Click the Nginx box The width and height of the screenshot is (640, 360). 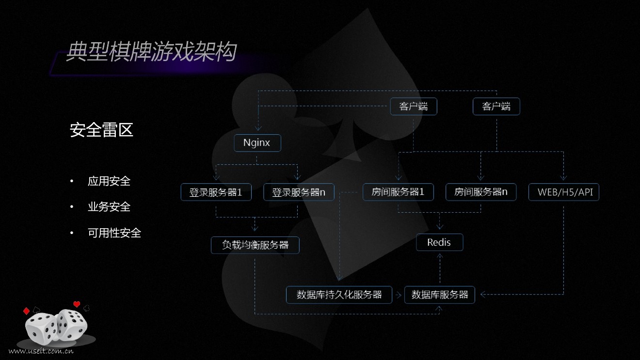tap(257, 143)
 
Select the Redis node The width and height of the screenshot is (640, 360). tap(439, 242)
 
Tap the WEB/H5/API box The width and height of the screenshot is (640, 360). tap(564, 192)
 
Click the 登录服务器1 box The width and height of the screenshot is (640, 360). tap(215, 192)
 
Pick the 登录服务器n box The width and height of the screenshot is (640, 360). tap(299, 192)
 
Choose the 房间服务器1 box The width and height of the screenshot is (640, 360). tap(398, 192)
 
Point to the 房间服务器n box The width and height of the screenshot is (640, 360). tap(480, 192)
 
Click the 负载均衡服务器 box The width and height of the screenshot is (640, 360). tap(255, 245)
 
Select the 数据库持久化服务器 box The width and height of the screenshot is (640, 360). tap(339, 295)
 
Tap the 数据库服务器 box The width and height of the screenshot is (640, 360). tap(440, 295)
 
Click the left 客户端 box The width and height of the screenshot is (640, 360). tap(413, 107)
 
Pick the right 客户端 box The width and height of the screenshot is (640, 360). tap(496, 107)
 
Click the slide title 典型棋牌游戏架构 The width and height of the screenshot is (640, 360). tap(151, 52)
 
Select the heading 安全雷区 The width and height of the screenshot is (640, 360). tap(101, 130)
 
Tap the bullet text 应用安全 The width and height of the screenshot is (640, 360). tap(109, 181)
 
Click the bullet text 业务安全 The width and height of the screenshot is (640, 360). tap(109, 207)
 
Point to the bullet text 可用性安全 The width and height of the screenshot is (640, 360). tap(114, 233)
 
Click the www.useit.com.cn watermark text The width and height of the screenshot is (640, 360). tap(41, 351)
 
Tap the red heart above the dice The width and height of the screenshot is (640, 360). tap(76, 304)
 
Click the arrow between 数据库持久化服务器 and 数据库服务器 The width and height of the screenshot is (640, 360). tap(398, 295)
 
